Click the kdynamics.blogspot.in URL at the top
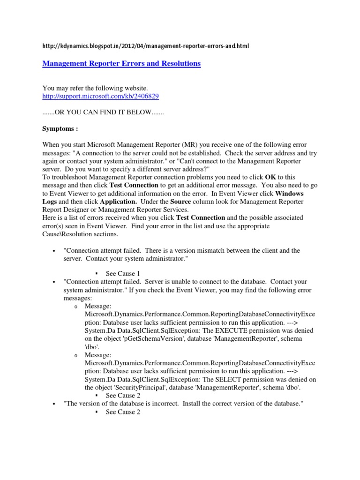point(146,46)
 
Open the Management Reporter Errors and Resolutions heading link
point(121,63)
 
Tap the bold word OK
point(270,177)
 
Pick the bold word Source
point(180,201)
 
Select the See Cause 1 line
point(123,274)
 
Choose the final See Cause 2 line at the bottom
point(123,412)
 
